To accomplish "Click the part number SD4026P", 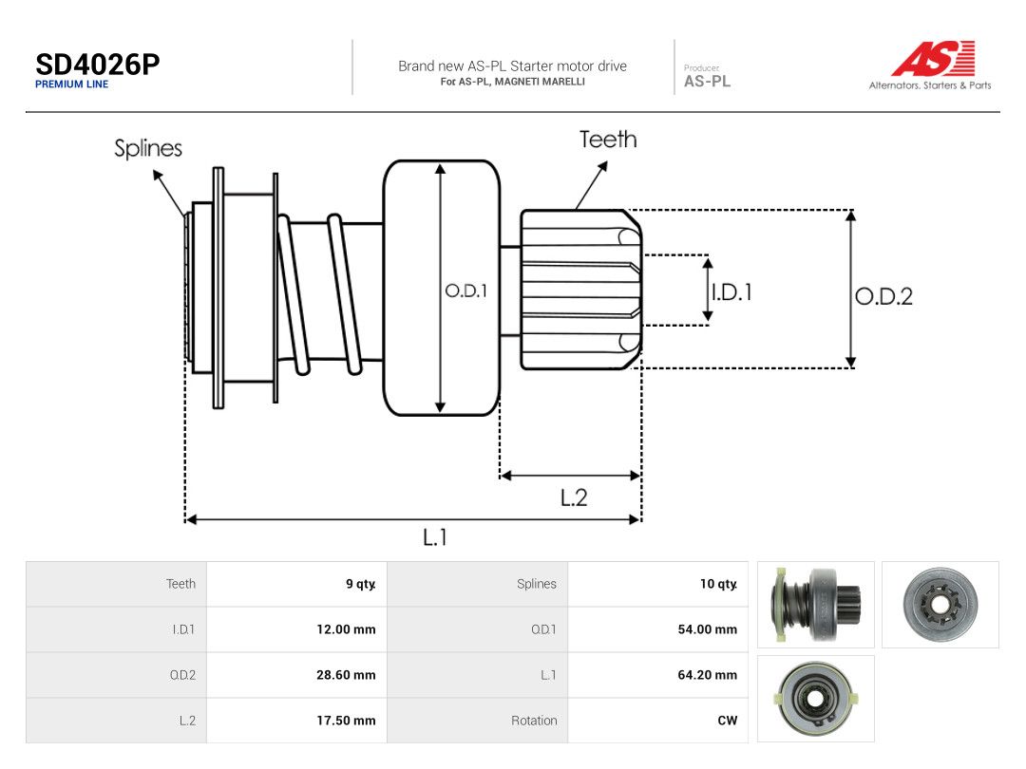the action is (98, 65).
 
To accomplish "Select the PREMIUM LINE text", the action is (72, 84).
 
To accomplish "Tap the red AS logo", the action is (933, 58).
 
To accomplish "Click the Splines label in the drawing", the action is (148, 148).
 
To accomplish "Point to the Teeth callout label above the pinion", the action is (608, 140).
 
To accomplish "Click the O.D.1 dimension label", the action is (465, 291).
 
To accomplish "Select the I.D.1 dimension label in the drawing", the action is (732, 291).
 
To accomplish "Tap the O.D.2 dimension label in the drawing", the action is (884, 296).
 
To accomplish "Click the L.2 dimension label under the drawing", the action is (574, 498).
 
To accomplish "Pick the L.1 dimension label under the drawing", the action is (434, 537).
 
